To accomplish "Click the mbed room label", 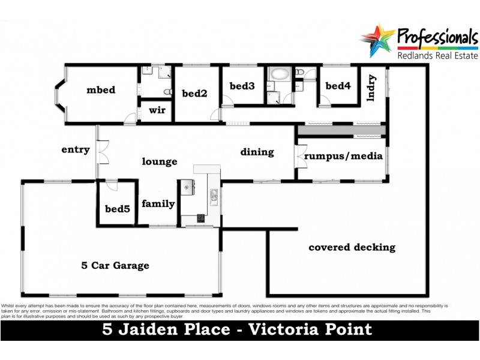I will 100,91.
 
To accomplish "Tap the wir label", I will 157,110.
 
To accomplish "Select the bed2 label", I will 194,93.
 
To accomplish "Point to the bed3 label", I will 242,86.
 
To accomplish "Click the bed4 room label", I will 338,86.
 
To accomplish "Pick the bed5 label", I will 117,209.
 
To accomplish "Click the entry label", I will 76,150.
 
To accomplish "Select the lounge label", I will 160,161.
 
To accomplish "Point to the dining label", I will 257,152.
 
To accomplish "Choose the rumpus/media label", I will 343,157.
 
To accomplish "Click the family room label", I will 158,204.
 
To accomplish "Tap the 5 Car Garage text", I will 115,265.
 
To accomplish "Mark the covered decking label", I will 352,247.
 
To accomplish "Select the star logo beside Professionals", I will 377,40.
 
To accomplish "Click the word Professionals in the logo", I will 437,37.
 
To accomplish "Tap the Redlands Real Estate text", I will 437,56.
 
